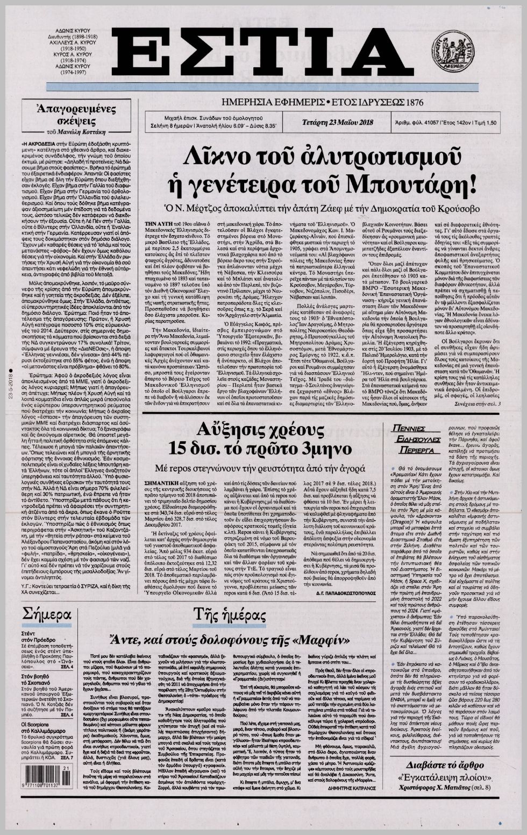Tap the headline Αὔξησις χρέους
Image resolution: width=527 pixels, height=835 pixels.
263,429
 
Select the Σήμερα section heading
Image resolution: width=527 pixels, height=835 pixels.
47,615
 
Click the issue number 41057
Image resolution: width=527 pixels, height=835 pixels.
428,122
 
